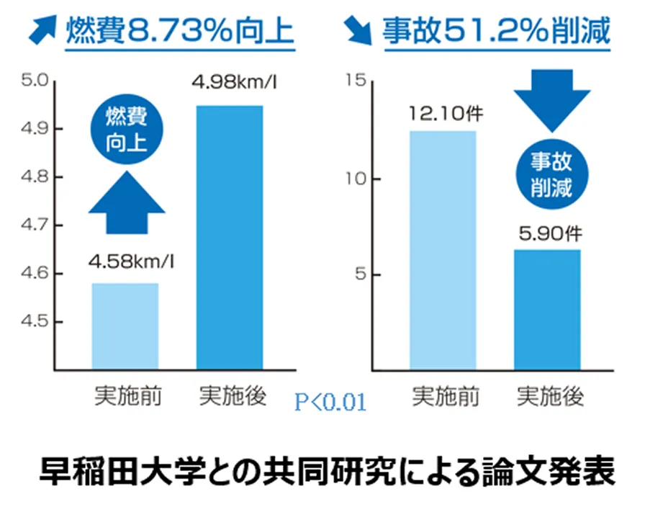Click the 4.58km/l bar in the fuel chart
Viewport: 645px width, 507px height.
tap(125, 326)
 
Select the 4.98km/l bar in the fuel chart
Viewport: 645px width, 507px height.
tap(230, 238)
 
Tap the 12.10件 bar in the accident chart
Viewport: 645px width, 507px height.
tap(443, 251)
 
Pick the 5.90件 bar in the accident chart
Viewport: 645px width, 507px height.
tap(547, 310)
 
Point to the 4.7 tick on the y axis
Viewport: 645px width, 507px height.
tap(32, 225)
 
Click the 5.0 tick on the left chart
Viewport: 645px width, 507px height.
tap(32, 81)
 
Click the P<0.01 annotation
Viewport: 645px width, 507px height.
tap(330, 402)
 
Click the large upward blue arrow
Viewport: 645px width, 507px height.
tap(126, 203)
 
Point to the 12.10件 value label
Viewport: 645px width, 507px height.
tap(443, 114)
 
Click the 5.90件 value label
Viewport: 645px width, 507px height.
tap(549, 233)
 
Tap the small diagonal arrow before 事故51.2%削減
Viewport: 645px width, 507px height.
tap(356, 31)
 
